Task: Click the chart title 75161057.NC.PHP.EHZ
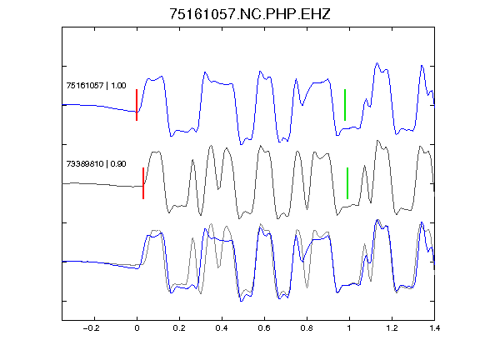pos(250,14)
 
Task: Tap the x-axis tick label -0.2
pos(92,328)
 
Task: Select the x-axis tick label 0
pos(137,328)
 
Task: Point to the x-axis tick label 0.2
pos(179,328)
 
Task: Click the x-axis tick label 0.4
pos(222,328)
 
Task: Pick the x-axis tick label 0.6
pos(264,328)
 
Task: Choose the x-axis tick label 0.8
pos(307,328)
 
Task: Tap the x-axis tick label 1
pos(349,328)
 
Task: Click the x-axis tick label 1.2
pos(392,328)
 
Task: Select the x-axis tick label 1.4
pos(434,328)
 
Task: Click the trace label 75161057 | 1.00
pos(96,85)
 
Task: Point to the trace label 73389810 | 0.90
pos(96,164)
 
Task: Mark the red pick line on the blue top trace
pos(137,105)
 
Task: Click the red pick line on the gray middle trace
pos(143,183)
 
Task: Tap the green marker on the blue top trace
pos(345,105)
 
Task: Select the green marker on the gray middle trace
pos(347,183)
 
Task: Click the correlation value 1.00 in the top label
pos(118,85)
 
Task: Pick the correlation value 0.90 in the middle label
pos(118,164)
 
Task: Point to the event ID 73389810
pos(85,164)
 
